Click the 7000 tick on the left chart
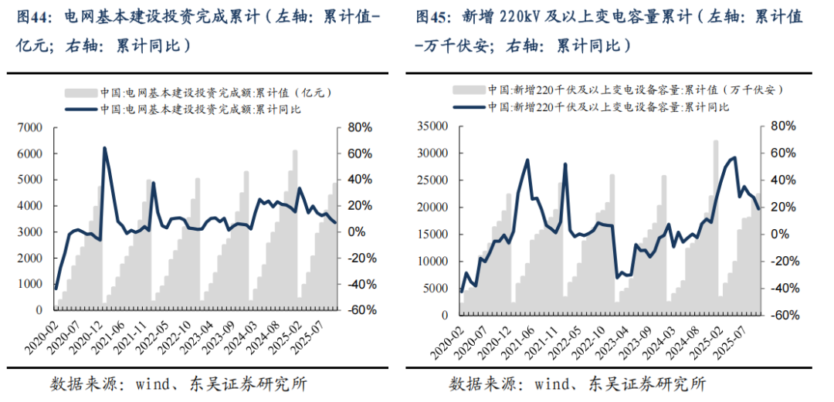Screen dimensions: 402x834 30,128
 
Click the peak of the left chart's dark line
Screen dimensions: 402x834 104,148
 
